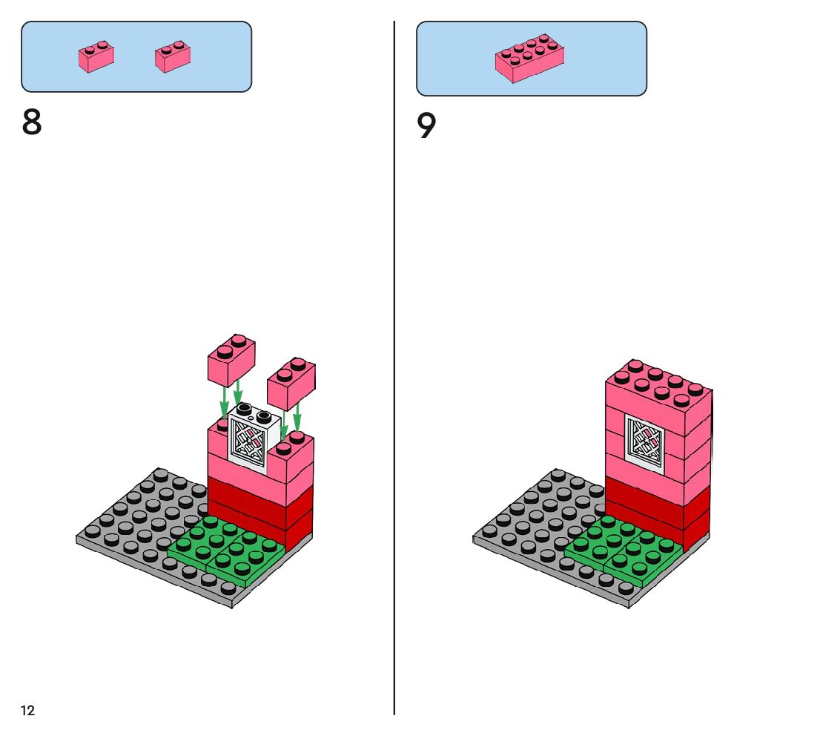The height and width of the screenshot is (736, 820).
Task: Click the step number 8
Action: [x=32, y=123]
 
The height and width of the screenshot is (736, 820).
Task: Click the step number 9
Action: [x=426, y=127]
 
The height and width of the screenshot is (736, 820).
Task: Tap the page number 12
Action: [x=27, y=711]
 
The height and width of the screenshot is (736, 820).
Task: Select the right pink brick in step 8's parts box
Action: [x=173, y=57]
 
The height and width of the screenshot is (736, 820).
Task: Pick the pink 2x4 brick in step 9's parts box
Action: [x=529, y=58]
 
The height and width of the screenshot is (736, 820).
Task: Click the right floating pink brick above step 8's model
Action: [x=291, y=384]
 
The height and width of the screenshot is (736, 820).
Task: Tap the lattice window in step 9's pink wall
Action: [x=644, y=443]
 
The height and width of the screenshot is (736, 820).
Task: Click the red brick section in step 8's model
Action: [x=259, y=505]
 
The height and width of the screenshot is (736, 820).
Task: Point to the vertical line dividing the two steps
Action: [x=394, y=371]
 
